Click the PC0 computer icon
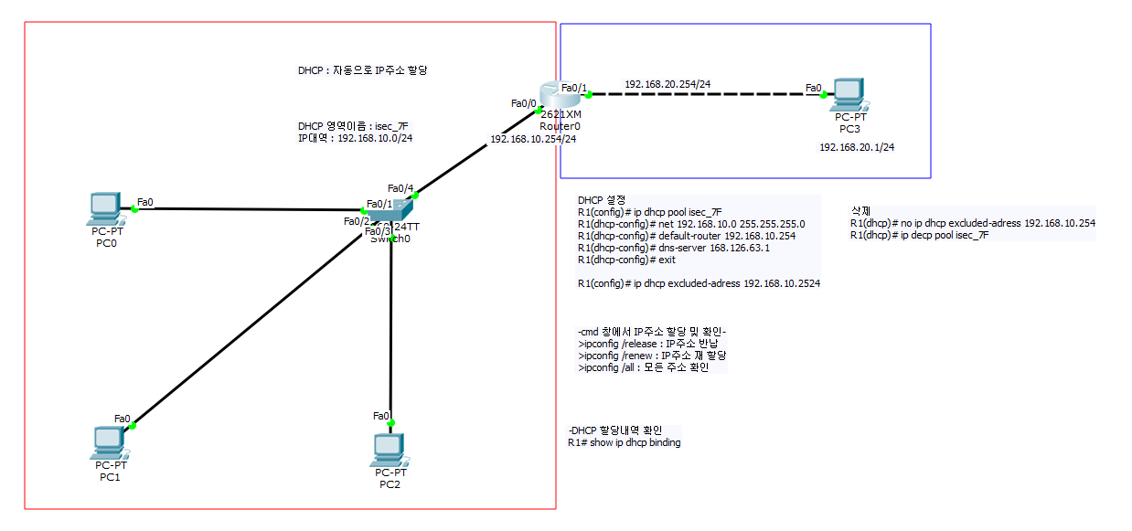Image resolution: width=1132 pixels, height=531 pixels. pyautogui.click(x=104, y=208)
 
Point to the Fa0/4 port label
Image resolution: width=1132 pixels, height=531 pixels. pyautogui.click(x=400, y=188)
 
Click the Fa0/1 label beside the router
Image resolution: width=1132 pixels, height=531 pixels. pyautogui.click(x=574, y=87)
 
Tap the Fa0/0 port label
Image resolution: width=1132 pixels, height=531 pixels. pyautogui.click(x=524, y=103)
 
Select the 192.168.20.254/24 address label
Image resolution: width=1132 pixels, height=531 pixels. pyautogui.click(x=667, y=84)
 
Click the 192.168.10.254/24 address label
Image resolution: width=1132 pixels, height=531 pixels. pyautogui.click(x=533, y=139)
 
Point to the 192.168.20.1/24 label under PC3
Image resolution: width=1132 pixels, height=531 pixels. pyautogui.click(x=856, y=146)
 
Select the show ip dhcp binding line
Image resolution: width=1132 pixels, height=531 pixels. pyautogui.click(x=624, y=442)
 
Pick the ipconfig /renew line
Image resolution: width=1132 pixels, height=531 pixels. pyautogui.click(x=652, y=356)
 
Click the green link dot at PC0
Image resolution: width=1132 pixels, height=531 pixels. pyautogui.click(x=134, y=208)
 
